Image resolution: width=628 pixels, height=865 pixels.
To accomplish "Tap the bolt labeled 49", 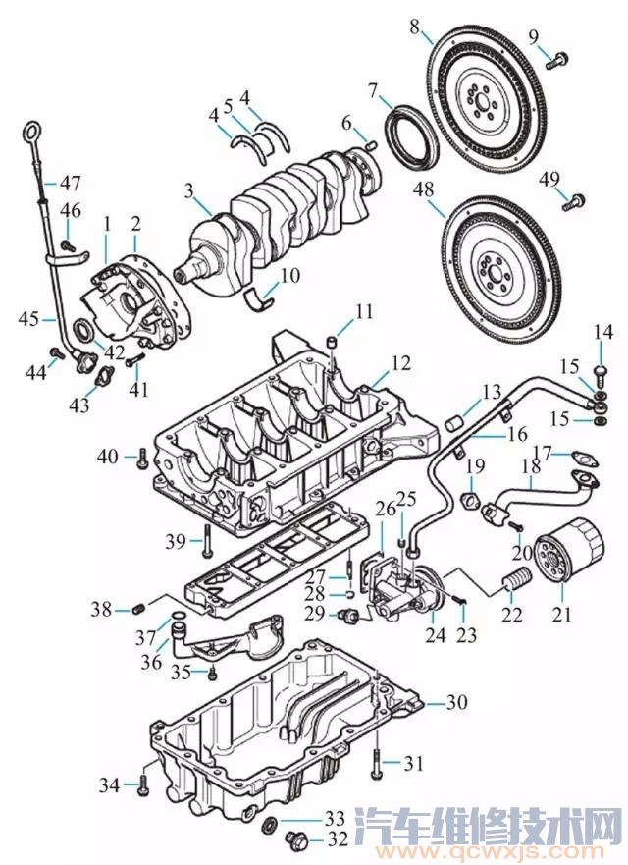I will coord(575,202).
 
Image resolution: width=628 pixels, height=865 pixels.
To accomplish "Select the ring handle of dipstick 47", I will coord(32,132).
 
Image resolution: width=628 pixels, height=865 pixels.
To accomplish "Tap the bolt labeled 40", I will coord(144,457).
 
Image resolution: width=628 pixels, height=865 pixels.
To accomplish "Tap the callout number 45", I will coord(27,318).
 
